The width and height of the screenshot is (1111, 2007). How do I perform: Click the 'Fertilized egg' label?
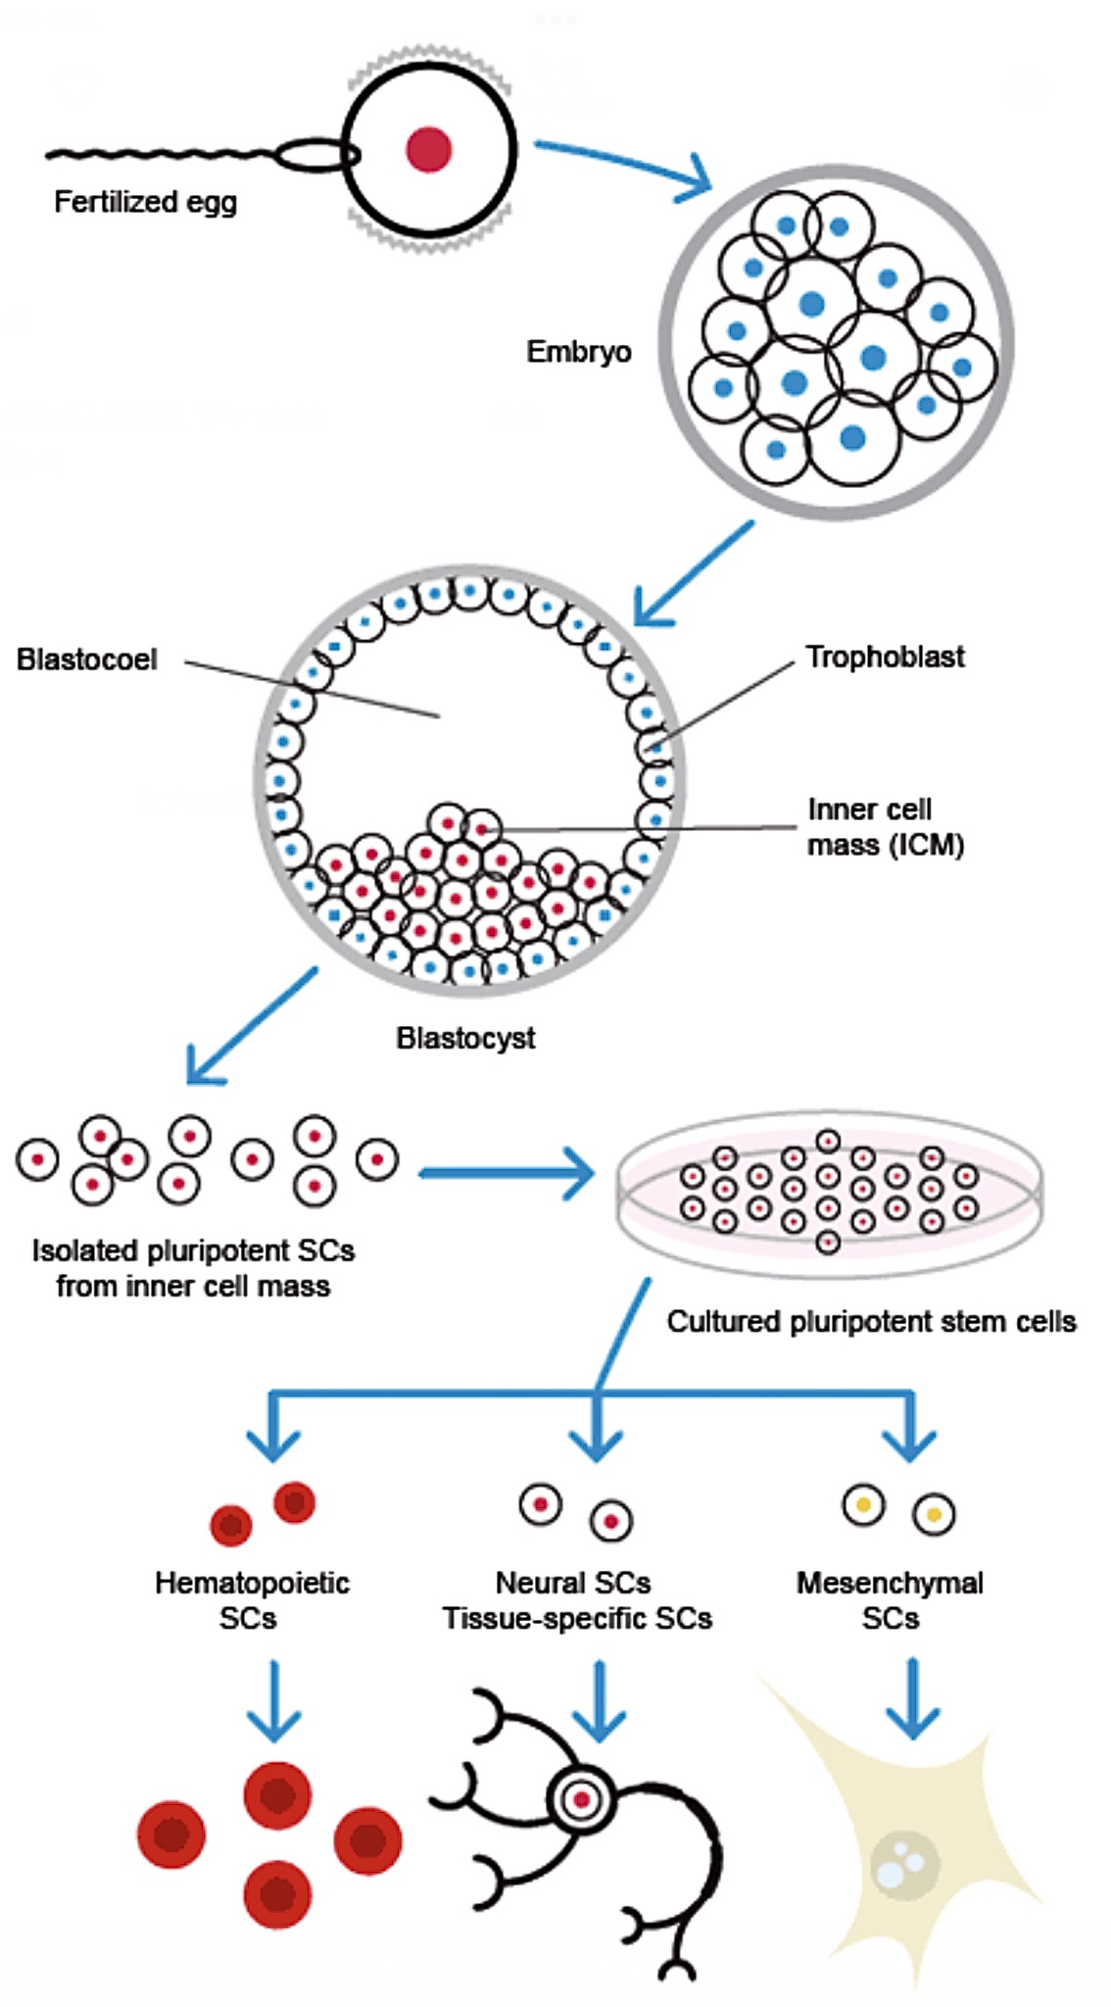145,202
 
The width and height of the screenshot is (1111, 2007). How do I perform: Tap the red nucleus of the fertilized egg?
429,150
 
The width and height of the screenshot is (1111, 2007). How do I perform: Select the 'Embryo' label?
578,351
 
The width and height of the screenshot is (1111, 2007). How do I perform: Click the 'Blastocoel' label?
86,659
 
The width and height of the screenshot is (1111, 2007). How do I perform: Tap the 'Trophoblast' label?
885,657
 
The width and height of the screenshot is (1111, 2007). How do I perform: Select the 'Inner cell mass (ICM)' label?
885,826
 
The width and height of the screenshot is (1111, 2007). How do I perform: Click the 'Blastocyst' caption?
465,1038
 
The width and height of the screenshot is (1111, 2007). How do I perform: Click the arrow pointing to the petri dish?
505,1172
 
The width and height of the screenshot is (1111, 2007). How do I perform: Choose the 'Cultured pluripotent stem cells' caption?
871,1321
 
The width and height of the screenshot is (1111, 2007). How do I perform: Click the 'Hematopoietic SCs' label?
251,1599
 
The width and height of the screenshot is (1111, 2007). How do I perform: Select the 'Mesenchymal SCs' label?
890,1599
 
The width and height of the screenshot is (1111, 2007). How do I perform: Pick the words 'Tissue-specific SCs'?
577,1618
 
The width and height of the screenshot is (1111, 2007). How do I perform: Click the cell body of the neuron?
582,1799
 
